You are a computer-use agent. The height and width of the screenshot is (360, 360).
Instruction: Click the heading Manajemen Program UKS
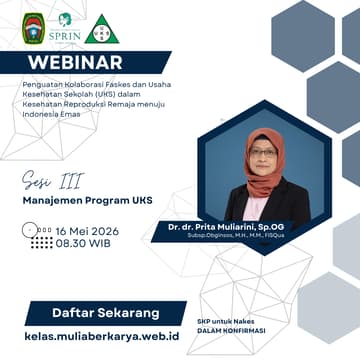[77, 199]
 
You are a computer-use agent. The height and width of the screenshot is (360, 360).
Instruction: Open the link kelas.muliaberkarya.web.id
[95, 339]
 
